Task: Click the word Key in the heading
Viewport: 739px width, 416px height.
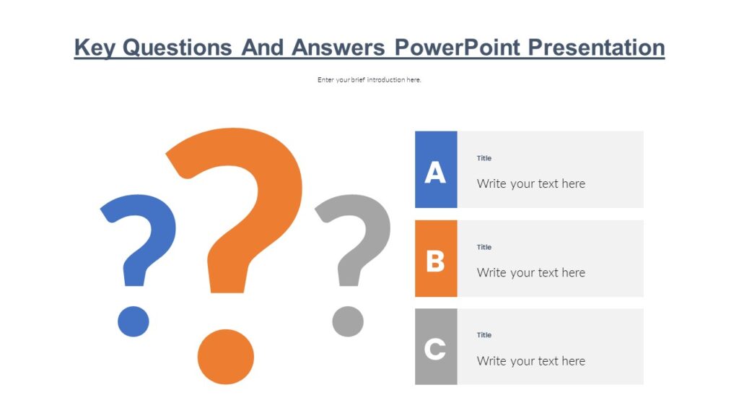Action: coord(95,48)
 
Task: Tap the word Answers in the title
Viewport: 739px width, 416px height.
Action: coord(339,48)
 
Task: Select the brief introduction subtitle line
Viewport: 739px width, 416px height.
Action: coord(369,79)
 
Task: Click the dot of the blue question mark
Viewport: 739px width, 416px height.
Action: coord(134,321)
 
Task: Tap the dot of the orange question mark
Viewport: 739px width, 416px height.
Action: coord(226,357)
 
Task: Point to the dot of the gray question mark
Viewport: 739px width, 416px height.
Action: coord(348,321)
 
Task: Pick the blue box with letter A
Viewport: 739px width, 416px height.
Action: coord(436,170)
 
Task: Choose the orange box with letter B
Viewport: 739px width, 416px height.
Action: coord(436,259)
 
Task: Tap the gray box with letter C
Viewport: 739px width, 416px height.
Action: coord(436,347)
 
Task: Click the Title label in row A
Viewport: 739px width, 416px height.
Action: coord(484,158)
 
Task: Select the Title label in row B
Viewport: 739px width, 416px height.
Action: coord(484,247)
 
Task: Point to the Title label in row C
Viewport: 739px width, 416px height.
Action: coord(484,335)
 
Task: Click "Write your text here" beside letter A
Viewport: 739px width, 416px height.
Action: coord(531,183)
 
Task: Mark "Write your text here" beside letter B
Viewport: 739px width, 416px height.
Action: coord(531,272)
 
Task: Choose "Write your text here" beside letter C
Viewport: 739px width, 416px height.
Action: coord(531,361)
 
